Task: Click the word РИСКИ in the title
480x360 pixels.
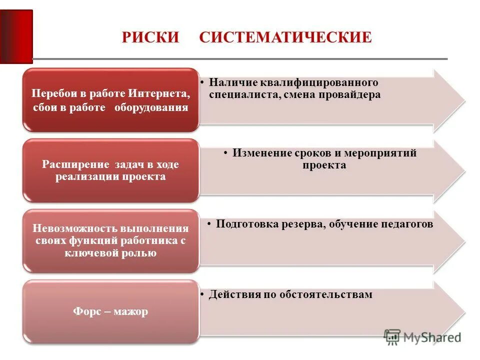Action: pos(150,38)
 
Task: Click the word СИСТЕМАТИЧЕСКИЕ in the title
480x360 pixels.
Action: pos(285,38)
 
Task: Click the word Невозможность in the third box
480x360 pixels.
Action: pos(74,229)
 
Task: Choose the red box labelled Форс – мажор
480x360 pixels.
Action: pos(110,312)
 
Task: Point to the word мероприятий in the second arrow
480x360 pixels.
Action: pos(385,153)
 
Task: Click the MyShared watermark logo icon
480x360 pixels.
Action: pos(392,336)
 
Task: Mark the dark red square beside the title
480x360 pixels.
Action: pos(16,36)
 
